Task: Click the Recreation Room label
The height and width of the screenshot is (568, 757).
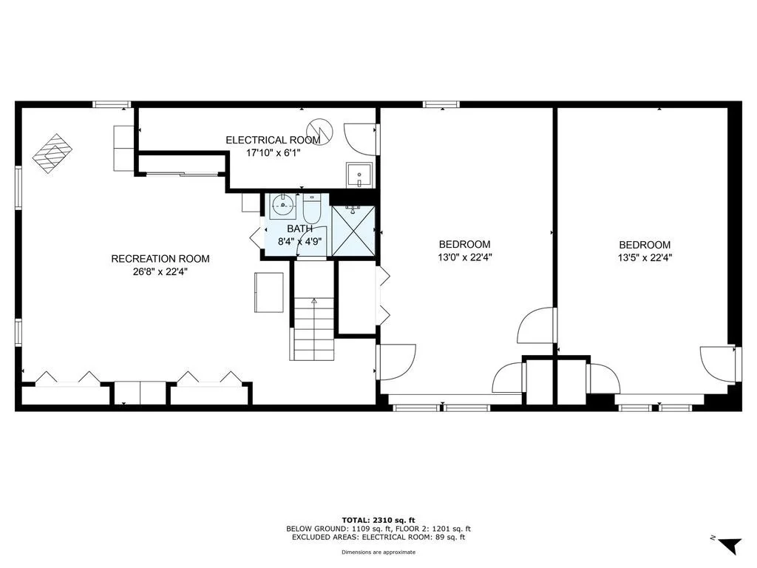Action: click(x=160, y=259)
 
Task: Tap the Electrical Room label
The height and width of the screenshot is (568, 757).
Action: click(x=273, y=140)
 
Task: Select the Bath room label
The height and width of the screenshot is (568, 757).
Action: click(x=300, y=229)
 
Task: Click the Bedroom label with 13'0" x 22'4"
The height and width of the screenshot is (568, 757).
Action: click(x=464, y=244)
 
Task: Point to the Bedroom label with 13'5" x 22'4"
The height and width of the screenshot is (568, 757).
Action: click(x=645, y=245)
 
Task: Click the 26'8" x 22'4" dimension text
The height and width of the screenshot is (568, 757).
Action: click(x=160, y=272)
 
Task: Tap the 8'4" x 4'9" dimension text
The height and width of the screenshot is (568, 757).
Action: click(x=300, y=242)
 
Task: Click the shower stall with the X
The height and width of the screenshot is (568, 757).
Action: click(x=353, y=231)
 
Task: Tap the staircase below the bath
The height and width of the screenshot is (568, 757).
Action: click(x=313, y=328)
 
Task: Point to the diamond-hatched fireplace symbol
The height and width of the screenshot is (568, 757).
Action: click(x=52, y=154)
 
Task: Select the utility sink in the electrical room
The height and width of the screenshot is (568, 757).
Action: click(x=359, y=175)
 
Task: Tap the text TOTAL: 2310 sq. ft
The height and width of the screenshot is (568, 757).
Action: click(x=378, y=520)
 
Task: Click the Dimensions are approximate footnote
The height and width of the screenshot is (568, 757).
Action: click(x=378, y=552)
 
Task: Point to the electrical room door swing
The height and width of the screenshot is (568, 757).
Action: click(x=359, y=139)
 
